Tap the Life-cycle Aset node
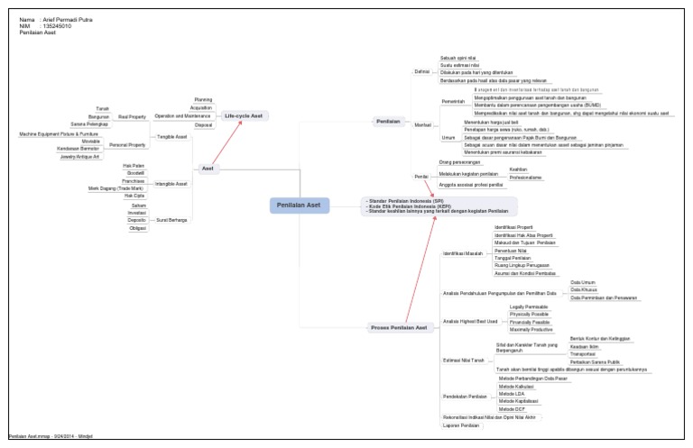(244, 116)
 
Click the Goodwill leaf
(135, 173)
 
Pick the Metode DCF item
(511, 408)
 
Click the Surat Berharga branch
(172, 220)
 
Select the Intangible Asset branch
(171, 184)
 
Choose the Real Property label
(132, 116)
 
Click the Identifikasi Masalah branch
(463, 254)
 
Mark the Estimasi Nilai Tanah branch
(464, 360)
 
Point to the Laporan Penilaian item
(462, 425)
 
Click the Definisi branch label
(421, 70)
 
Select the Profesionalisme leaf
(525, 178)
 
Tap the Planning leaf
(203, 99)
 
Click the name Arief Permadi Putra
(68, 19)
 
